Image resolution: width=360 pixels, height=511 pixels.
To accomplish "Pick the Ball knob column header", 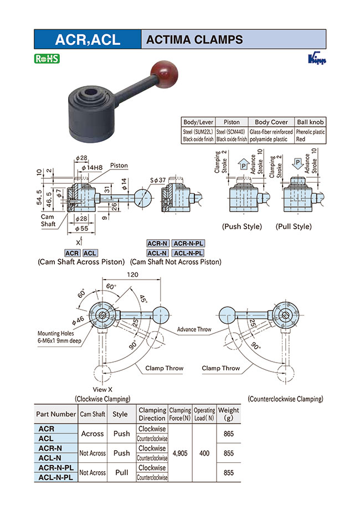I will tap(311, 122).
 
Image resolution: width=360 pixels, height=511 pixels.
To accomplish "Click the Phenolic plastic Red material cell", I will tap(311, 136).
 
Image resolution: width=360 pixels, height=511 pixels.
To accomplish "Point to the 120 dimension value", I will tap(131, 275).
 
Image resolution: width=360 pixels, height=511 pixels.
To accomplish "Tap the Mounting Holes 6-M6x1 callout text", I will tap(59, 337).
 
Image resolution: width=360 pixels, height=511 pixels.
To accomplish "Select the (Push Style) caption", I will tap(241, 226).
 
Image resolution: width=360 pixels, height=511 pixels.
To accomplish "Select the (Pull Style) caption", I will tap(294, 226).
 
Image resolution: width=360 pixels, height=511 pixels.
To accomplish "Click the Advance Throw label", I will tap(194, 329).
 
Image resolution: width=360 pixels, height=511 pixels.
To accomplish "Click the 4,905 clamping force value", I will tap(180, 453).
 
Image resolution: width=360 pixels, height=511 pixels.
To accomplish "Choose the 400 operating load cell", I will tap(204, 453).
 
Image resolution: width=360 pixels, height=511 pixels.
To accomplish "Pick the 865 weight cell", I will tap(228, 434).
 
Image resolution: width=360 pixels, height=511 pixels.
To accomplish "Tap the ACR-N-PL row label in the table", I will tap(55, 468).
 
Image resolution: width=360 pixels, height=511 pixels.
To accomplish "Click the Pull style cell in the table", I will tap(121, 472).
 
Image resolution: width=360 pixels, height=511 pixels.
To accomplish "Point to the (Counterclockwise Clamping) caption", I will tap(285, 399).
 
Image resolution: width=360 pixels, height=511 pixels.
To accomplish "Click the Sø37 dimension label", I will tap(158, 180).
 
